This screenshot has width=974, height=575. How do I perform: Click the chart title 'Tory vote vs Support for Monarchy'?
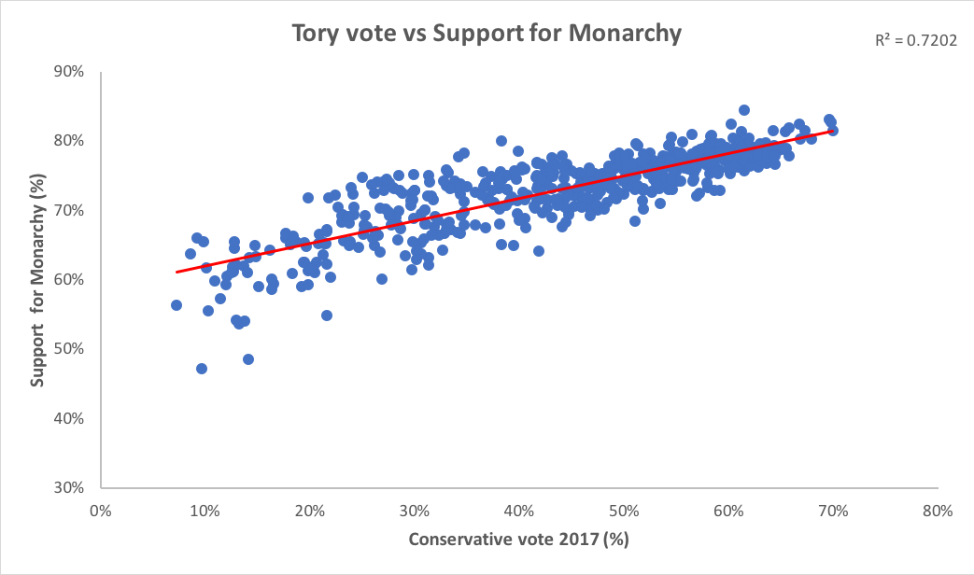(x=487, y=35)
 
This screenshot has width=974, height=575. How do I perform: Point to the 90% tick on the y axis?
(x=71, y=72)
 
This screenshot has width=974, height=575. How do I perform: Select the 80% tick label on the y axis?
(x=71, y=141)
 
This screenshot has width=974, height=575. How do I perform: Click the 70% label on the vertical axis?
(x=71, y=210)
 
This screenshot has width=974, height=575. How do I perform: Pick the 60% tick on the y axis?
(x=71, y=279)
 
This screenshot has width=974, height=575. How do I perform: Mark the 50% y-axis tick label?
(x=71, y=348)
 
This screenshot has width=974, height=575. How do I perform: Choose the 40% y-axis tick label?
(x=71, y=417)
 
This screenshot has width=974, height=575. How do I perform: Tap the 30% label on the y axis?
(x=71, y=486)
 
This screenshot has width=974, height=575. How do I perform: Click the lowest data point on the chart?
(x=202, y=369)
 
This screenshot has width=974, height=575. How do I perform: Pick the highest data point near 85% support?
(x=744, y=110)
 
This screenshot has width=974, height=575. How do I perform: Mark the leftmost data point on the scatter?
(x=176, y=305)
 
